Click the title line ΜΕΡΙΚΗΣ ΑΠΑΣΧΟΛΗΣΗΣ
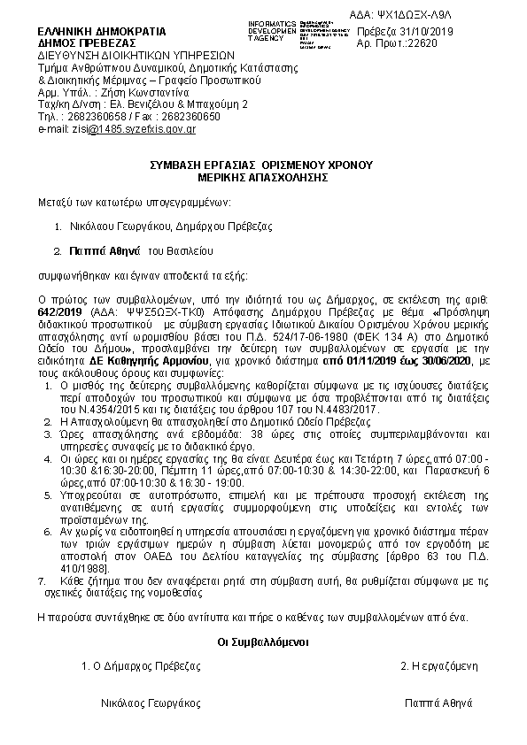point(261,176)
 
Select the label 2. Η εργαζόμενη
point(439,664)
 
